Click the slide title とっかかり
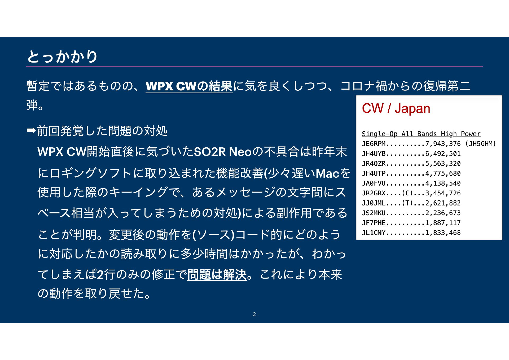(x=62, y=56)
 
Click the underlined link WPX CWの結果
(x=189, y=86)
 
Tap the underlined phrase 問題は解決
(x=217, y=274)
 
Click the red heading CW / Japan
(x=396, y=108)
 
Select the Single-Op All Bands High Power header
(x=421, y=134)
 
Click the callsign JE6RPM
(x=374, y=144)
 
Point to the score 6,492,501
(x=443, y=154)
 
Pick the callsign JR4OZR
(x=374, y=164)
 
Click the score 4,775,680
(x=443, y=173)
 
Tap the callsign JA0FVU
(x=374, y=183)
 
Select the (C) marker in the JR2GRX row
(x=407, y=193)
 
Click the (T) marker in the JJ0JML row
(x=407, y=203)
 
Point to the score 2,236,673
(x=443, y=213)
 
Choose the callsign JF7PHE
(x=374, y=223)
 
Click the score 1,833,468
(x=443, y=233)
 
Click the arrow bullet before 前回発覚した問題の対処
(x=31, y=130)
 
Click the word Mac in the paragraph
(x=327, y=173)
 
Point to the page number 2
(x=254, y=314)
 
